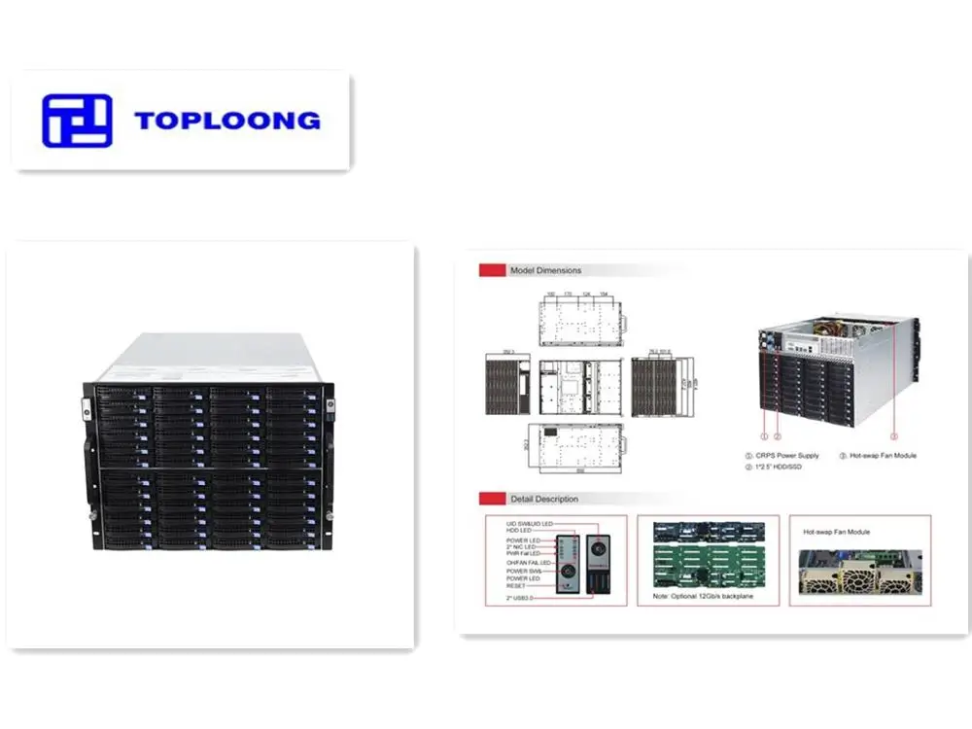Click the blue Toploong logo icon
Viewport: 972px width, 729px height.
tap(77, 121)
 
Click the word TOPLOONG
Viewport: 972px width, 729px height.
tap(227, 121)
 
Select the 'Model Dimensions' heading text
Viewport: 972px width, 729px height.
tap(545, 270)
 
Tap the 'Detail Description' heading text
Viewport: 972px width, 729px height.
tap(544, 499)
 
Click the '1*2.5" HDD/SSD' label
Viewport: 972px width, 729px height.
tap(782, 468)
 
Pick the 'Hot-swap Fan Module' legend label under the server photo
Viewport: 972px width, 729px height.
tap(882, 455)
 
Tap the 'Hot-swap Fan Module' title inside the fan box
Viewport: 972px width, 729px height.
tap(836, 532)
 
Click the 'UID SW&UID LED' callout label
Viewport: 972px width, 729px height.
tap(530, 523)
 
